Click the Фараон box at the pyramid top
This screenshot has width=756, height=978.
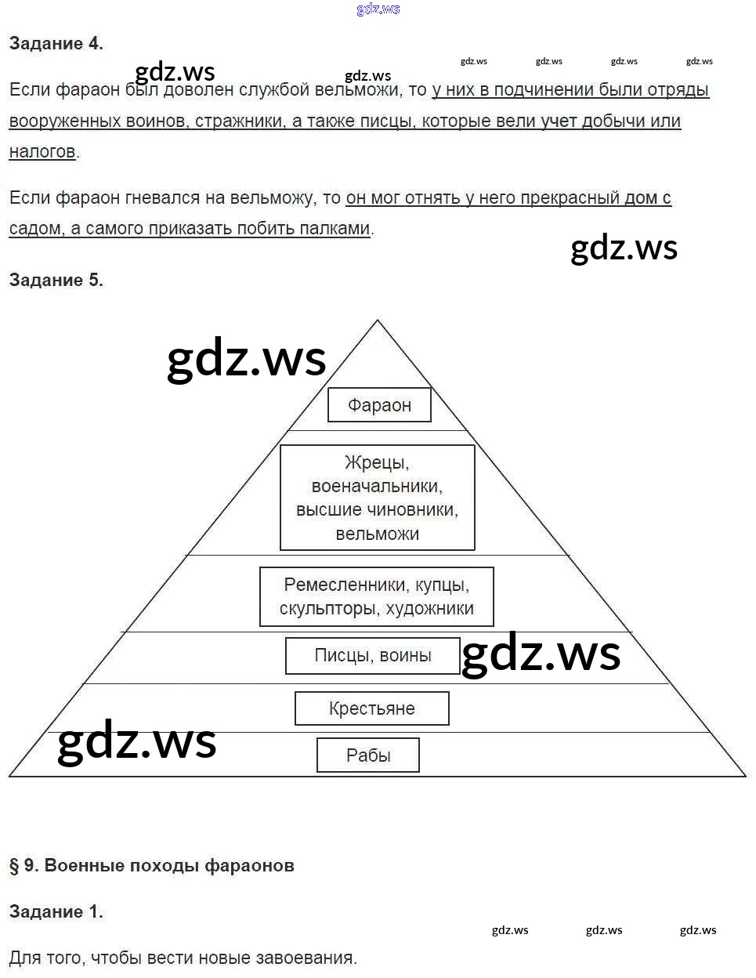coord(379,405)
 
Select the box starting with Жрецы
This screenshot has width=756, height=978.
coord(377,498)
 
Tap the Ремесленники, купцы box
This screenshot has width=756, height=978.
coord(376,596)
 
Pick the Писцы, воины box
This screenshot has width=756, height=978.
coord(372,656)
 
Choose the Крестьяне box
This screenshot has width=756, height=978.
coord(371,708)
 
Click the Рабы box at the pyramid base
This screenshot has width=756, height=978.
coord(367,755)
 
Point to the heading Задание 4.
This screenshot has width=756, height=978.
coord(56,44)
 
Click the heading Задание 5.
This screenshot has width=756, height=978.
coord(56,281)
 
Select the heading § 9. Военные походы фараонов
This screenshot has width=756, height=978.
coord(151,866)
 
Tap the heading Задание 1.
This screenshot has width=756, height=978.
coord(56,912)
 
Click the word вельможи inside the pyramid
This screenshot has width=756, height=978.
coord(377,534)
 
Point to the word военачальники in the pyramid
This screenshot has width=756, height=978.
coord(377,487)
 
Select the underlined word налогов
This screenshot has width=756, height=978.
coord(42,152)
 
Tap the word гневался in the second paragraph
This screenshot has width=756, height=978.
coord(162,198)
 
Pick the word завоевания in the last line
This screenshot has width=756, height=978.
coord(311,958)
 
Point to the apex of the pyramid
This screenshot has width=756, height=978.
coord(377,321)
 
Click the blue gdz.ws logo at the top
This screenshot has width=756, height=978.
coord(378,9)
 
